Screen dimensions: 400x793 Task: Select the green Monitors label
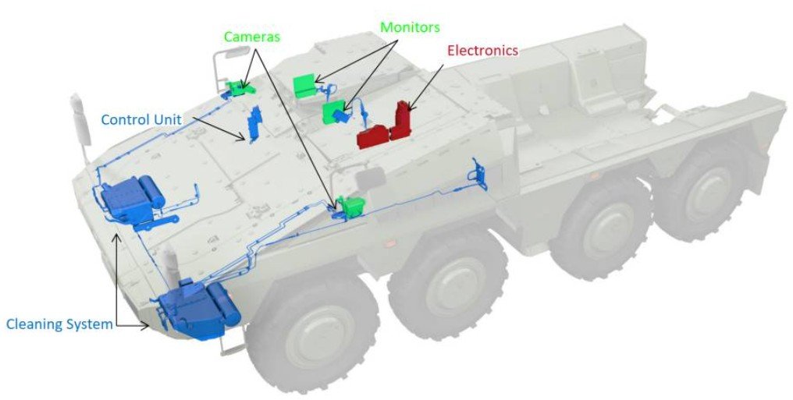click(410, 27)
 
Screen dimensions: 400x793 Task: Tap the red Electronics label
click(482, 51)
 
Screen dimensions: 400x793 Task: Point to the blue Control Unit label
click(141, 119)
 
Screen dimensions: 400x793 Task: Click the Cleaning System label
click(59, 324)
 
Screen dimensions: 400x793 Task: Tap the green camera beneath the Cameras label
click(236, 87)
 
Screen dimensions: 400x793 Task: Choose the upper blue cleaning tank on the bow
click(129, 198)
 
